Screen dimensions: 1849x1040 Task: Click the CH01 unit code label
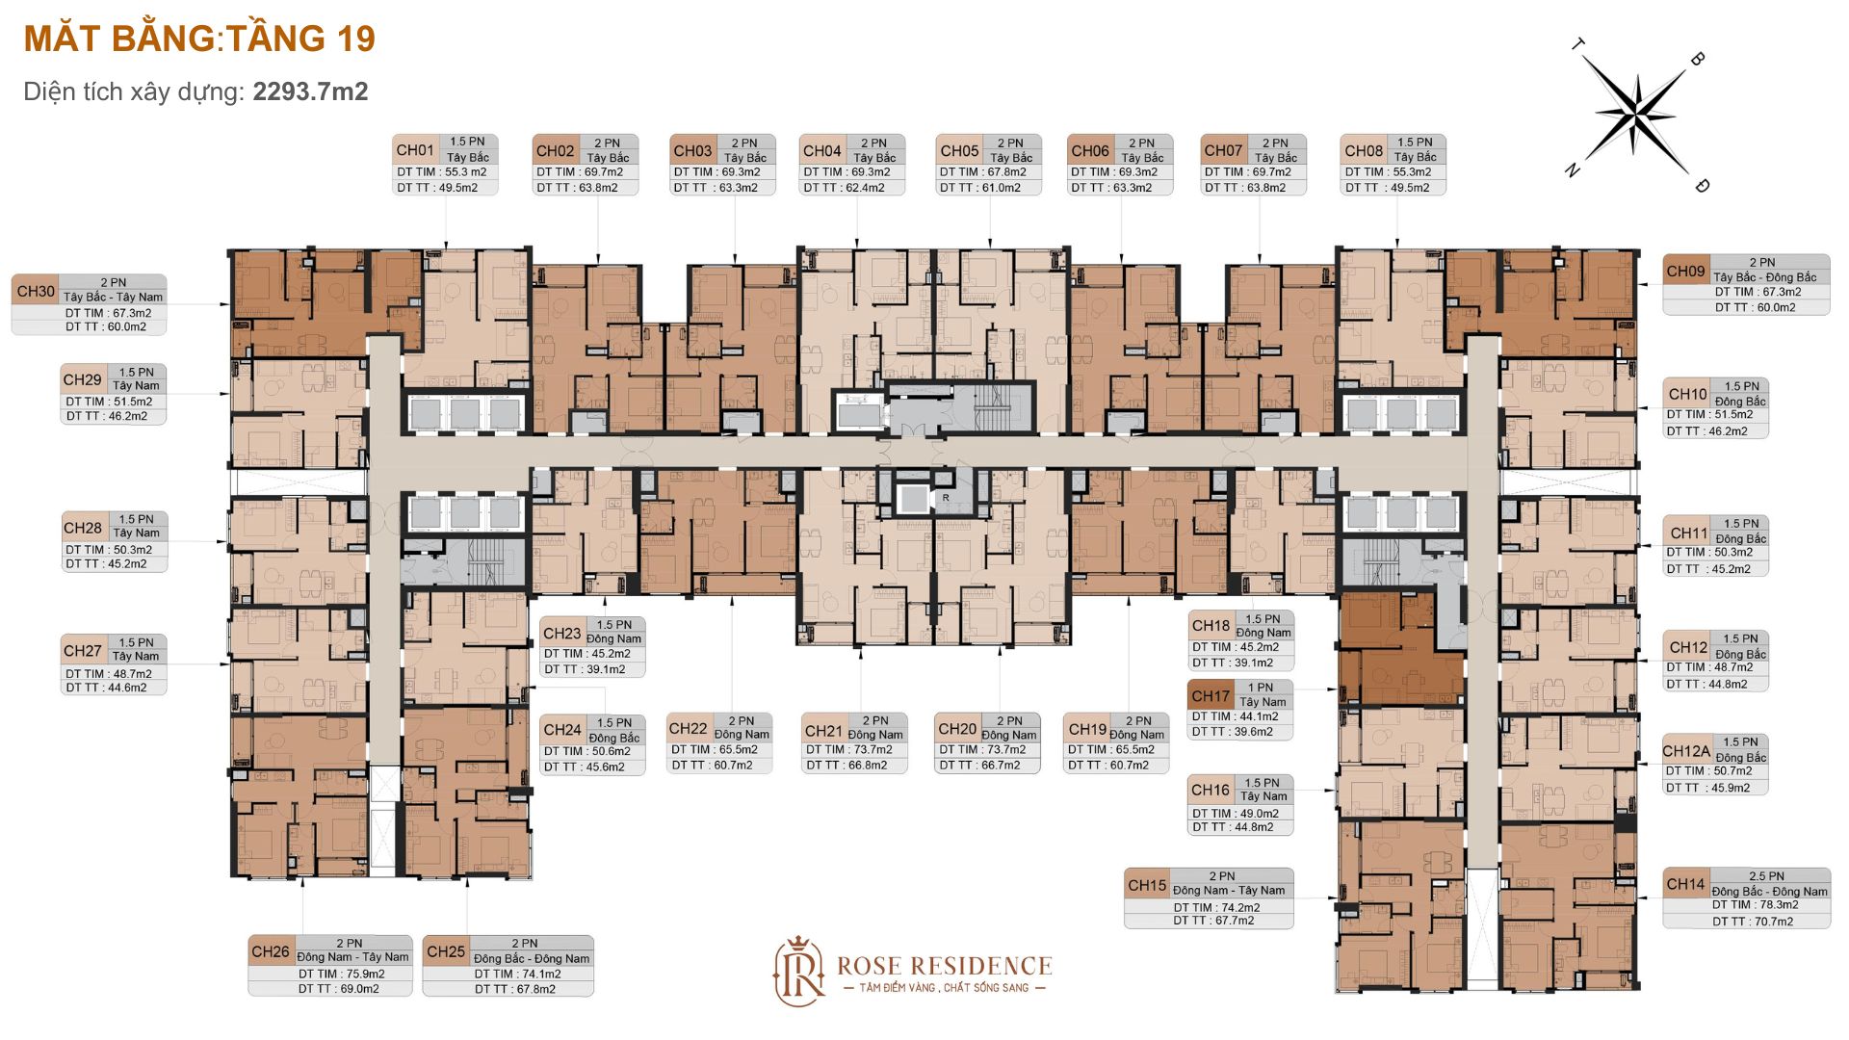(x=415, y=150)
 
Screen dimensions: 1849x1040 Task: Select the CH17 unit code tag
(x=1211, y=695)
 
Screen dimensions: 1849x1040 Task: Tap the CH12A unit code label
(x=1686, y=751)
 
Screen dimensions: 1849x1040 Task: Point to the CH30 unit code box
(x=36, y=291)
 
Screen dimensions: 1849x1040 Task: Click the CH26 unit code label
(x=271, y=951)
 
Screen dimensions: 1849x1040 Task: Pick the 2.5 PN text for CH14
(x=1767, y=876)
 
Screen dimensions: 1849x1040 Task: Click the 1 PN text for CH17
(x=1261, y=688)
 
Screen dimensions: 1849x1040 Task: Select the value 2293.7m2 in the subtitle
(x=310, y=91)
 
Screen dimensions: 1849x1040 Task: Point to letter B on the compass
(x=1697, y=59)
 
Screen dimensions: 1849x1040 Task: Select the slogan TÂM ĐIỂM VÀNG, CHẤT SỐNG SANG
(x=944, y=988)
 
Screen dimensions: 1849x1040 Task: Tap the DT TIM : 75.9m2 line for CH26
(x=341, y=974)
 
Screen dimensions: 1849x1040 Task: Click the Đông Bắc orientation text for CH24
(x=614, y=738)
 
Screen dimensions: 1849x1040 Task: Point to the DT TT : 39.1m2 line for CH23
(x=585, y=669)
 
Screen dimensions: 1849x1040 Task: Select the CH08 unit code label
(x=1364, y=151)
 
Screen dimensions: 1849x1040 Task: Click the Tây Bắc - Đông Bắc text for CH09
(x=1765, y=277)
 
